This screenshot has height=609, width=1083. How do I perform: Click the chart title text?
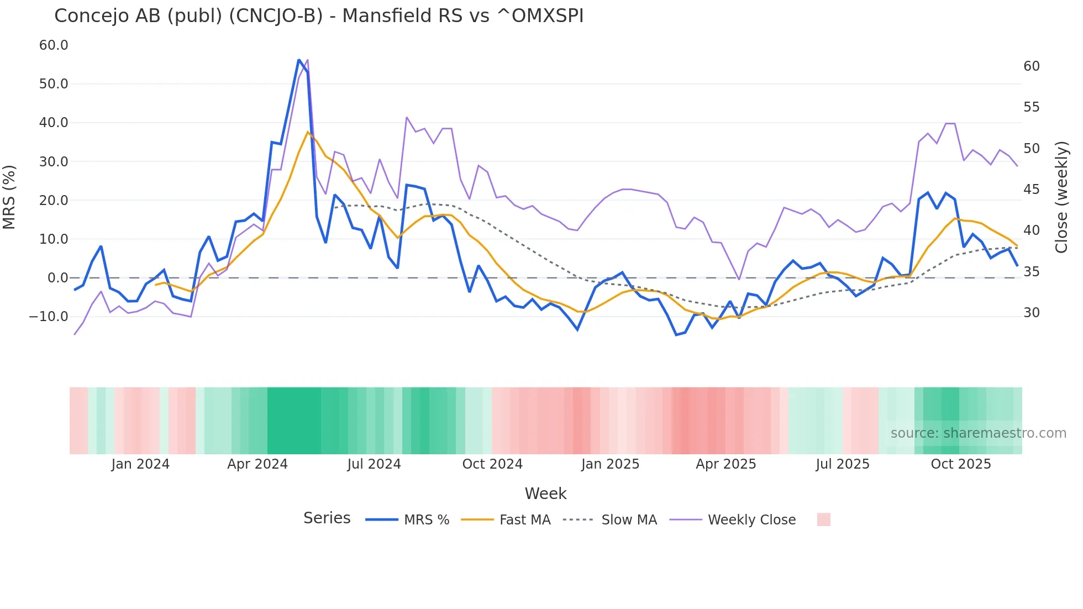319,16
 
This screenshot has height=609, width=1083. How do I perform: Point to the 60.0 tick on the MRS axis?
54,45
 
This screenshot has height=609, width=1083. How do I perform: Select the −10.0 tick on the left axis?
49,317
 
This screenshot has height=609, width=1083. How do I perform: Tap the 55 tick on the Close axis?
1031,107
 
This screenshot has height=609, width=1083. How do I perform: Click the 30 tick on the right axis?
1031,313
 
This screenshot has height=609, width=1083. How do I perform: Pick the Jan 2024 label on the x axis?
140,464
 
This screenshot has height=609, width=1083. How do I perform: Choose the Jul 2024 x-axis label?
374,464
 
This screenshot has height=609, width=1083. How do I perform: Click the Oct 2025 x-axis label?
961,464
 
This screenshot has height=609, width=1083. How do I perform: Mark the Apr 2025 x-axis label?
725,464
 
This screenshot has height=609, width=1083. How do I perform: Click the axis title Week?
545,494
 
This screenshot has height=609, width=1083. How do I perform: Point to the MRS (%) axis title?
9,197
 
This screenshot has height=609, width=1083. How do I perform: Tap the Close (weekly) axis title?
1061,197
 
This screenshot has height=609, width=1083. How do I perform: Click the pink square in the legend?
823,519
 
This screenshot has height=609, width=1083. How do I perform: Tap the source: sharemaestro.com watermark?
978,433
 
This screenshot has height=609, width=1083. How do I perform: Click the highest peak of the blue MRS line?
299,60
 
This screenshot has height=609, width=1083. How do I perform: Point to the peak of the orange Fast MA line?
308,132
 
